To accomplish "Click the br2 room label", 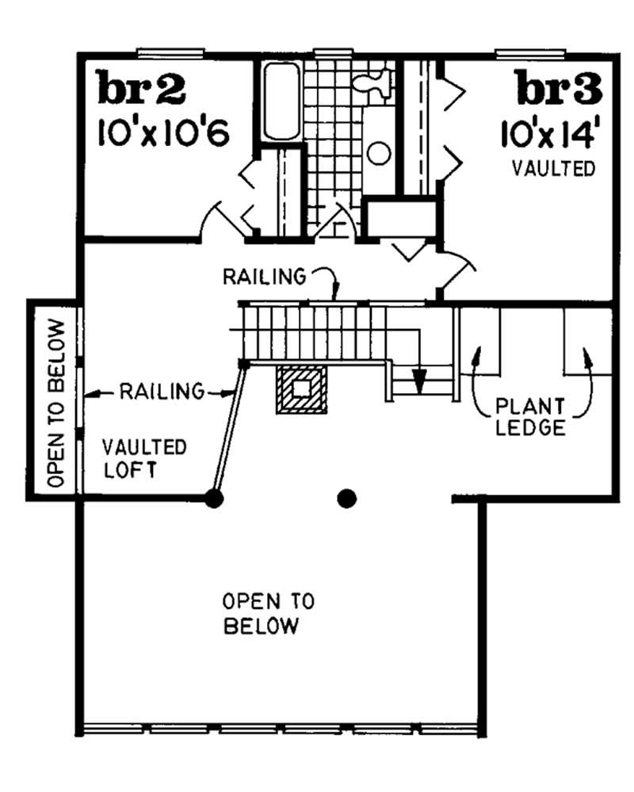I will tap(142, 89).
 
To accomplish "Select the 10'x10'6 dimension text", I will tap(163, 133).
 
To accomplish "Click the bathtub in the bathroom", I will tap(281, 101).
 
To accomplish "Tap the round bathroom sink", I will tap(380, 153).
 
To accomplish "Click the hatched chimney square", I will tap(301, 388).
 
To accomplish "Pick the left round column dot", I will tap(212, 498).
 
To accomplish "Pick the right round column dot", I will tap(346, 498).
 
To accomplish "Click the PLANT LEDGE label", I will tap(531, 418).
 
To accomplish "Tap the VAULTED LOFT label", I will tap(144, 457).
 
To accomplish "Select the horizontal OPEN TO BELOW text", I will tap(262, 612).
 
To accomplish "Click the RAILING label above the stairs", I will tap(264, 277).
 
